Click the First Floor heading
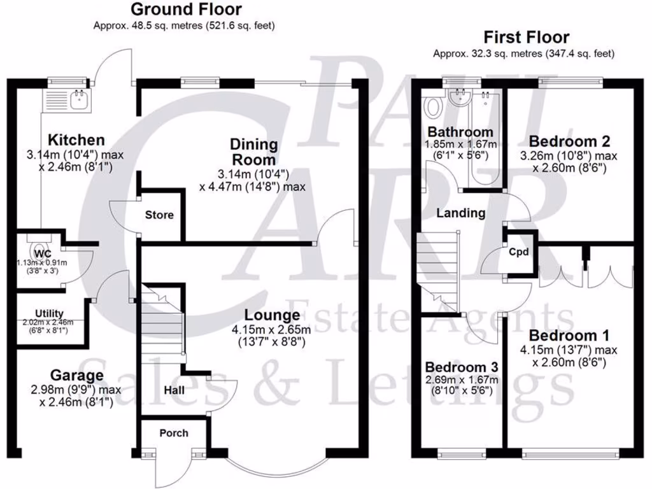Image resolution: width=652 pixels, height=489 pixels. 526,37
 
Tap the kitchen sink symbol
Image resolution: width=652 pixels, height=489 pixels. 79,99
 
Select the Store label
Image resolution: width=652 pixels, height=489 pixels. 159,215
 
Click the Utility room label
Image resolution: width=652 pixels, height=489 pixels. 49,313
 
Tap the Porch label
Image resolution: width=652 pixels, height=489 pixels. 174,433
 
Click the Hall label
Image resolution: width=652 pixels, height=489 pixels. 174,389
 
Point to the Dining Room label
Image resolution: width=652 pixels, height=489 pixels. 253,152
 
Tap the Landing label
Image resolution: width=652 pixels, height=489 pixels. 461,213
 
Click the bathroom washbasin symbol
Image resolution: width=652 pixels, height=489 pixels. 458,97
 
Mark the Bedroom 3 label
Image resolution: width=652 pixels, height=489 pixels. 462,367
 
